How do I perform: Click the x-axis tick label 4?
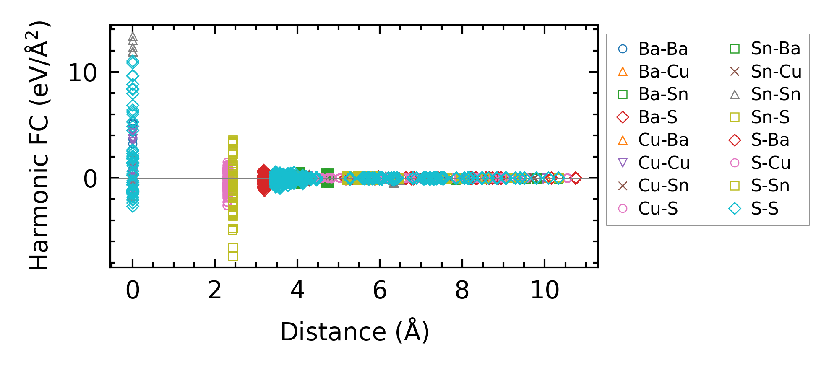[297, 290]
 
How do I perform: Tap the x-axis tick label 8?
[462, 290]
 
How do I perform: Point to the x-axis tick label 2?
[215, 290]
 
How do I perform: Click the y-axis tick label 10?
[83, 73]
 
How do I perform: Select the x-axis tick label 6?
[380, 290]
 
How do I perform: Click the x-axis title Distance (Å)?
[354, 332]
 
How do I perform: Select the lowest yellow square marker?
[233, 256]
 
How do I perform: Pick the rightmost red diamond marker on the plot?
[576, 178]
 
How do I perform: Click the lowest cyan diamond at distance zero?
[133, 206]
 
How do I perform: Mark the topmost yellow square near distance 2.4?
[233, 140]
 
